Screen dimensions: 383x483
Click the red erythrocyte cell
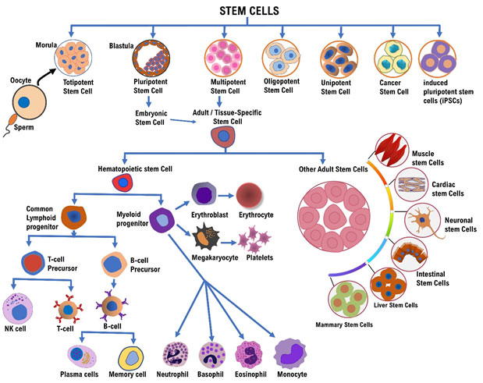(x=251, y=196)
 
